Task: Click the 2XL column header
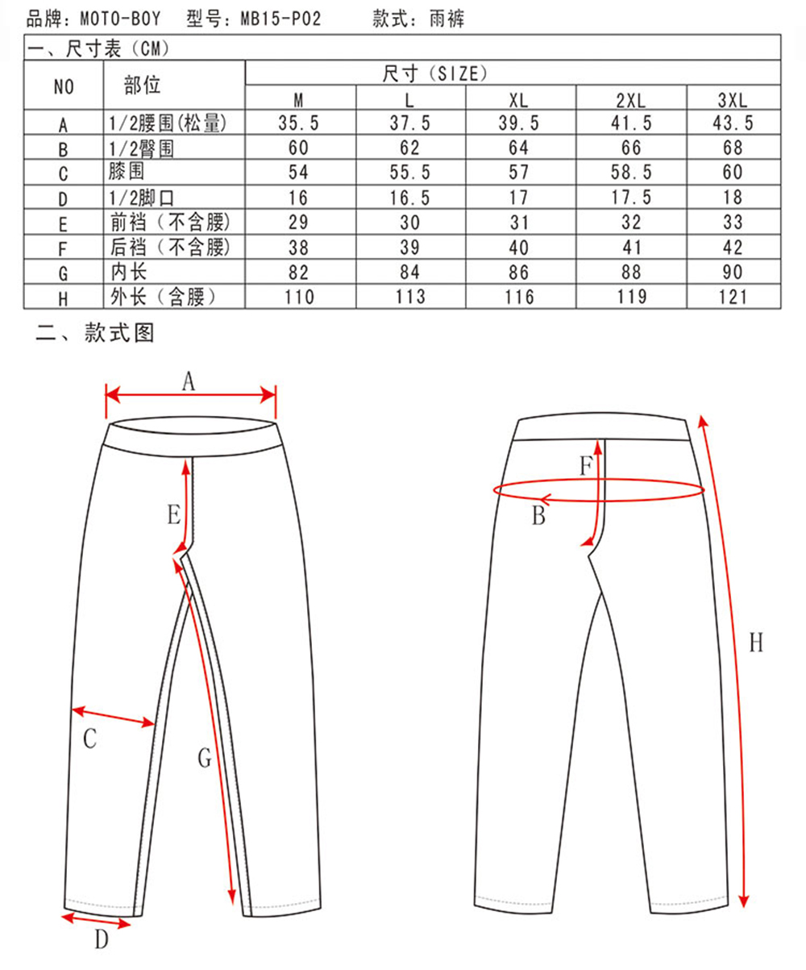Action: pos(630,100)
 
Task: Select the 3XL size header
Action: pos(733,100)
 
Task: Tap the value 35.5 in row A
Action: pos(298,123)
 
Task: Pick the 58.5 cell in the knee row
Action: pos(631,173)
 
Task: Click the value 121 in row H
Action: pos(733,297)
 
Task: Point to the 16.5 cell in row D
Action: pos(409,198)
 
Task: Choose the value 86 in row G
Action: pos(518,273)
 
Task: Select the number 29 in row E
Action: pos(298,223)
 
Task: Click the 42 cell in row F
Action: pos(733,248)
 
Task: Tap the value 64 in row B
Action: pos(518,148)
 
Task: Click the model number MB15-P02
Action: pos(280,19)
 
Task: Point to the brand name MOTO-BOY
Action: pos(120,19)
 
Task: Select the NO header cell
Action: pos(64,87)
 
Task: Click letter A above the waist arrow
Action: pos(189,381)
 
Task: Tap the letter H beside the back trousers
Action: pos(756,643)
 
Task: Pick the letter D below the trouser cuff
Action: pos(102,939)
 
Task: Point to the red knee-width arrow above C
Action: pos(113,716)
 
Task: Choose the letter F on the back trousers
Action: pos(587,465)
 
